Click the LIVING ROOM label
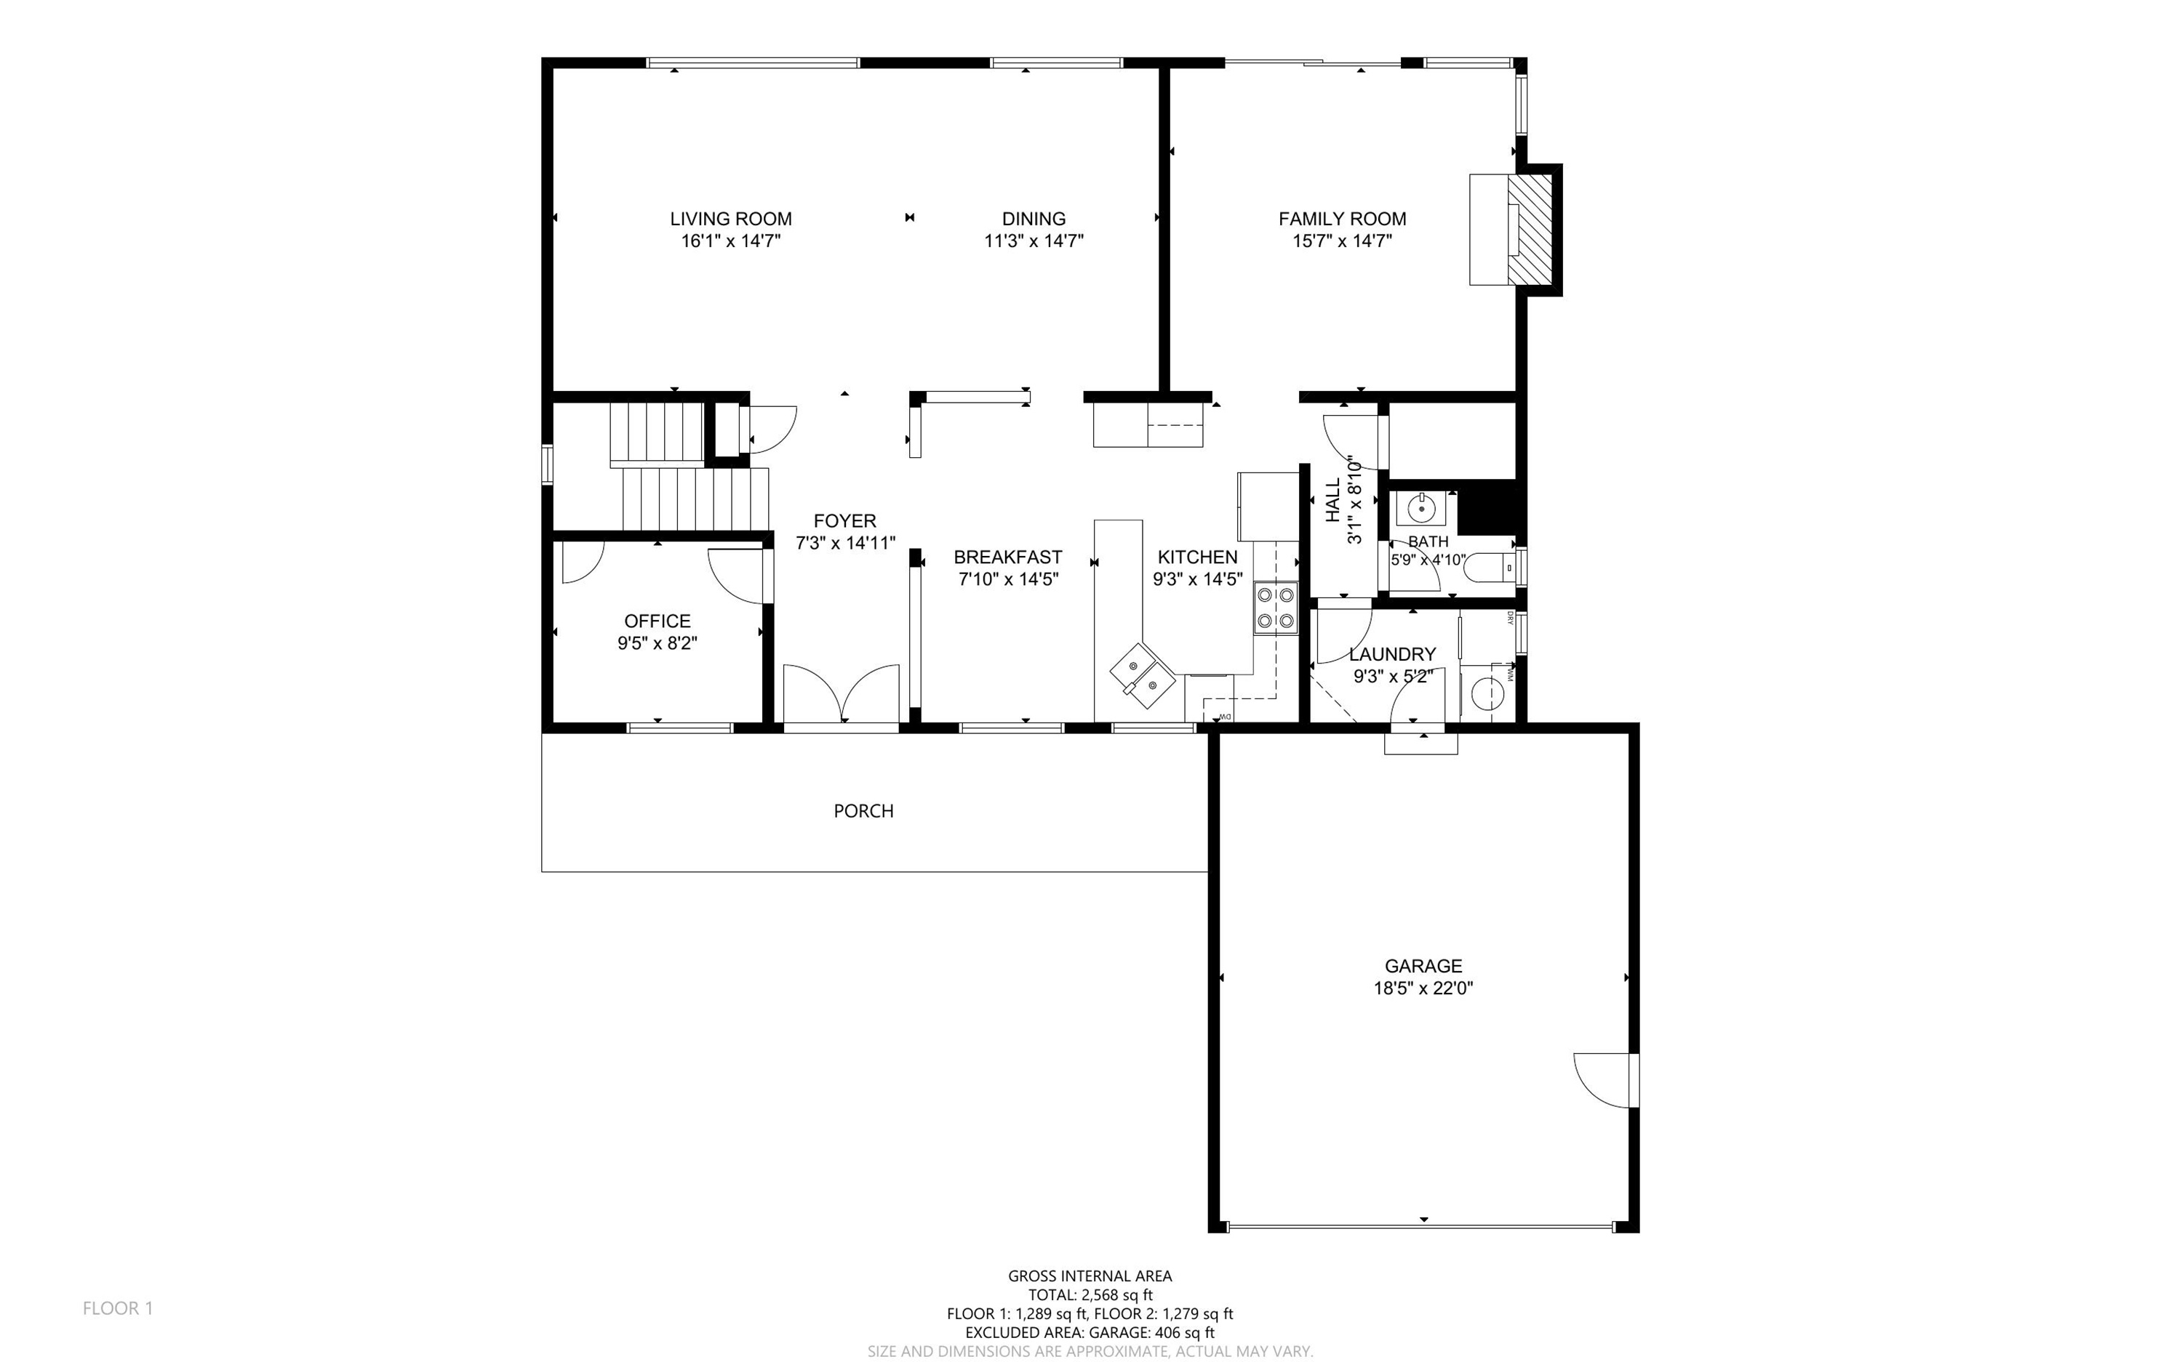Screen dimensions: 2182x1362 point(731,219)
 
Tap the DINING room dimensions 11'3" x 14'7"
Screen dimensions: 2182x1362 point(1034,241)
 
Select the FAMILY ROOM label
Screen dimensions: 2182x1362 point(1342,219)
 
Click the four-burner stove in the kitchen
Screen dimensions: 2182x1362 point(1275,608)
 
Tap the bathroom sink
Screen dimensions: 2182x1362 point(1421,509)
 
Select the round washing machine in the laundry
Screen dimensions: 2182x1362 point(1488,693)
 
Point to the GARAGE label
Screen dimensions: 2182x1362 point(1423,967)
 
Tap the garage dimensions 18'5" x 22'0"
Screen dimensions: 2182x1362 point(1423,988)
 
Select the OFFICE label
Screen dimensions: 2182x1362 point(657,621)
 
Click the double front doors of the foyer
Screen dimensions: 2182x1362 point(841,693)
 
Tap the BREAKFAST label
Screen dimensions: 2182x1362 point(1007,557)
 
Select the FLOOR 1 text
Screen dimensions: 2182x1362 point(118,1308)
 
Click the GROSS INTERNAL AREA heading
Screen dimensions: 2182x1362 point(1090,1276)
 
